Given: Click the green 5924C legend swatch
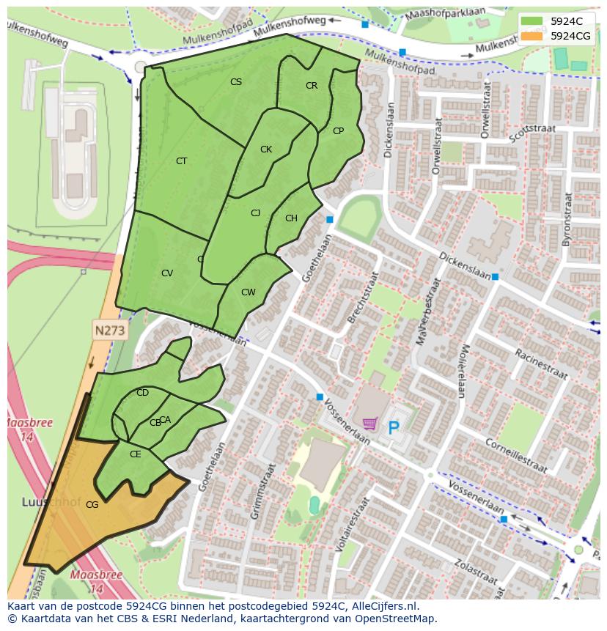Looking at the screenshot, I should pyautogui.click(x=532, y=21).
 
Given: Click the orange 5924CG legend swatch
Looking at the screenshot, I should pyautogui.click(x=532, y=36).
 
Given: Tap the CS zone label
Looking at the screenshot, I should pyautogui.click(x=236, y=82).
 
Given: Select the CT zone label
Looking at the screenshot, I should pyautogui.click(x=181, y=161).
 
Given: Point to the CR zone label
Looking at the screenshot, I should pyautogui.click(x=312, y=86).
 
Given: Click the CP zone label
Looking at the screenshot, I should pyautogui.click(x=338, y=132).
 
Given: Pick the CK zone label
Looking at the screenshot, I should pyautogui.click(x=266, y=150).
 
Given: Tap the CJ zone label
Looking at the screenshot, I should pyautogui.click(x=256, y=213).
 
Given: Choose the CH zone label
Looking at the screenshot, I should pyautogui.click(x=291, y=218).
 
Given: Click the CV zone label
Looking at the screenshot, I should pyautogui.click(x=167, y=273).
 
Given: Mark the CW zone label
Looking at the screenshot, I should pyautogui.click(x=249, y=292).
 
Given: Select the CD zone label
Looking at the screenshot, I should pyautogui.click(x=143, y=393).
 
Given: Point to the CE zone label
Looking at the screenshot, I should pyautogui.click(x=136, y=454).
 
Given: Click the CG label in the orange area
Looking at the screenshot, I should pyautogui.click(x=92, y=505).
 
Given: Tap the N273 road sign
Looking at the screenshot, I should pyautogui.click(x=110, y=331).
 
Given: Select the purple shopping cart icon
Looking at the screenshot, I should pyautogui.click(x=371, y=424).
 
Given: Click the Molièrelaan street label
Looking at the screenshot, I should pyautogui.click(x=462, y=370).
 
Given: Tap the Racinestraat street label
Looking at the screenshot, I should pyautogui.click(x=541, y=364).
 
